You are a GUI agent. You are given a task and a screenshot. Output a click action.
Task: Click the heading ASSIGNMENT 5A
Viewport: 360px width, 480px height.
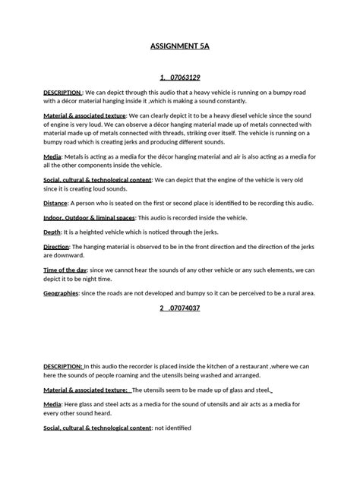179,46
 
